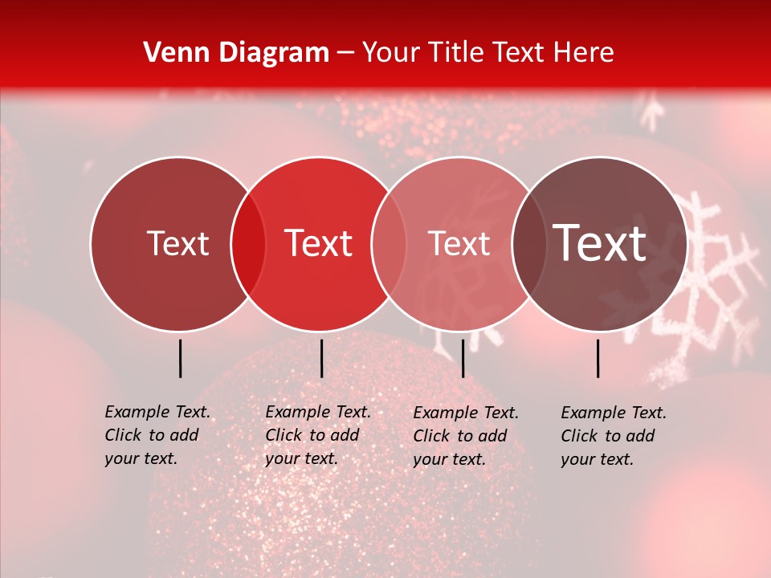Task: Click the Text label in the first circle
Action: [x=177, y=243]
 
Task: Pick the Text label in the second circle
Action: [x=319, y=243]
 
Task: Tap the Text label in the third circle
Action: [x=459, y=243]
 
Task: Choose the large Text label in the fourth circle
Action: [x=600, y=243]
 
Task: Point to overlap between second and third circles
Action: [x=389, y=244]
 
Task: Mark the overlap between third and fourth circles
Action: [x=526, y=244]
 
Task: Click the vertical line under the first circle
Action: [x=180, y=358]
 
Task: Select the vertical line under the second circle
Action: [x=321, y=358]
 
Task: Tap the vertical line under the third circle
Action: [x=463, y=358]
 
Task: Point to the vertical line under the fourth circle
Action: [x=598, y=358]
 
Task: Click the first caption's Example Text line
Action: [x=157, y=412]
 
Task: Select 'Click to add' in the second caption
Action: [x=312, y=435]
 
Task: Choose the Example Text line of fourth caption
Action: [x=614, y=413]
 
